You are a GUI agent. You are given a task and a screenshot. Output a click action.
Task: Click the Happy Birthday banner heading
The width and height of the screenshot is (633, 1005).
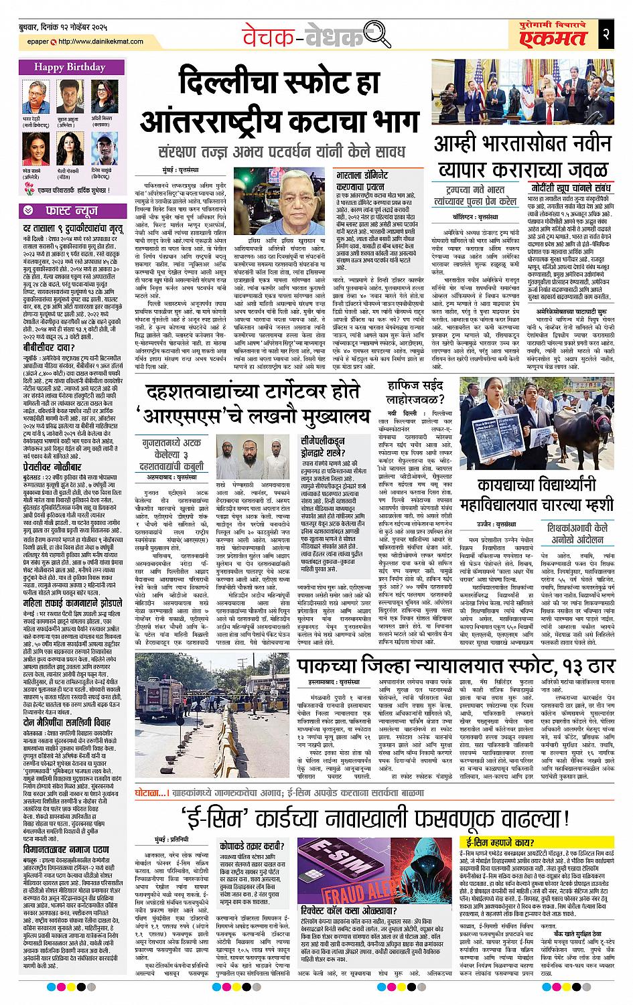67,67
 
